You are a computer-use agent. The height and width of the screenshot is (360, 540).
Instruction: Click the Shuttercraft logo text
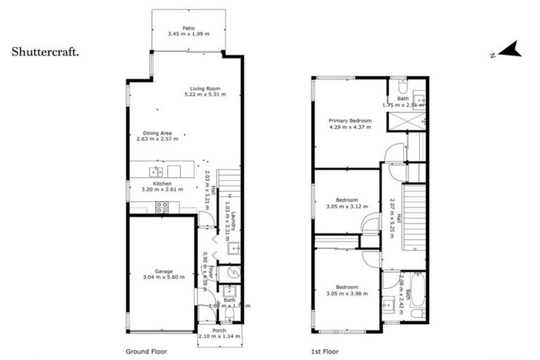45,51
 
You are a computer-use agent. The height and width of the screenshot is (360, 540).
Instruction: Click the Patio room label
188,27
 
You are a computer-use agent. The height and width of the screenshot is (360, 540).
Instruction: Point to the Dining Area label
157,133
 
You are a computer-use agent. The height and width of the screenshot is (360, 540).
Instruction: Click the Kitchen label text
162,184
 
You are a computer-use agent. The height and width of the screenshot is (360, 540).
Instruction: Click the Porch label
218,330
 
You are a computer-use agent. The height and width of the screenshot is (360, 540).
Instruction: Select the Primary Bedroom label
350,120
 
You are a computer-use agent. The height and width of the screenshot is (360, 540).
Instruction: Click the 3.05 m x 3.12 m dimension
347,207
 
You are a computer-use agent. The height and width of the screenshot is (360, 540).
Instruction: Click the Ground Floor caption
146,350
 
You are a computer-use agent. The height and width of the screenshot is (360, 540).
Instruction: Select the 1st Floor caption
325,350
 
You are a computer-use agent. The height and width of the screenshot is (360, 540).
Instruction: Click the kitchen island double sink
155,171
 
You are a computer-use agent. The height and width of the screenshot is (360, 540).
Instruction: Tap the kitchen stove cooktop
161,207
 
